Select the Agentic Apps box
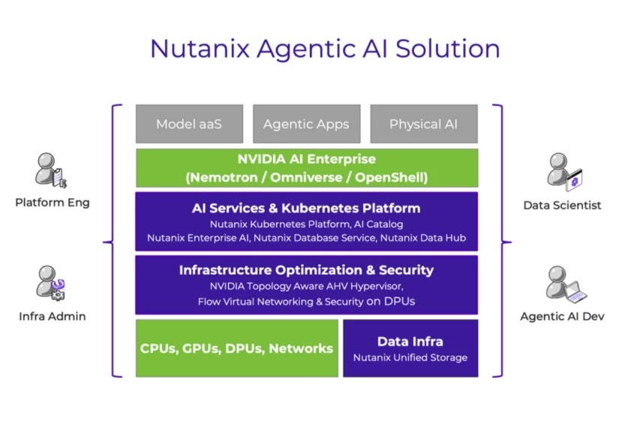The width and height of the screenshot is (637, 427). (x=306, y=124)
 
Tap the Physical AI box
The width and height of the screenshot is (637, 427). (x=423, y=124)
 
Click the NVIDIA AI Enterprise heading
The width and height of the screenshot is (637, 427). (x=306, y=159)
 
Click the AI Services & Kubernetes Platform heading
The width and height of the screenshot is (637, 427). (x=306, y=208)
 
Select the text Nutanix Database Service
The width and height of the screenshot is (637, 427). (x=334, y=238)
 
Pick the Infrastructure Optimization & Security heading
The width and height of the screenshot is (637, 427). (x=306, y=270)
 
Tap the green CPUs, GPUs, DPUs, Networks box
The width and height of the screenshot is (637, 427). (x=236, y=348)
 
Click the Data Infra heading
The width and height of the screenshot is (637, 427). (x=410, y=341)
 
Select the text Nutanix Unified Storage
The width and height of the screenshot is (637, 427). (x=410, y=357)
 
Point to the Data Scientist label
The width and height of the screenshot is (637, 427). (x=562, y=205)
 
